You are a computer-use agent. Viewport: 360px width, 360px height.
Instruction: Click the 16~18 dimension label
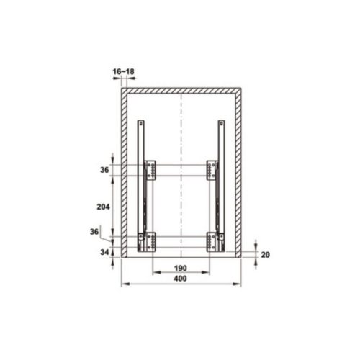point(123,71)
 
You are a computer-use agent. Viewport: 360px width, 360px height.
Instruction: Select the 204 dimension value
point(104,205)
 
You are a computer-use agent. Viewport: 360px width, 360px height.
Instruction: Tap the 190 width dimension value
point(180,269)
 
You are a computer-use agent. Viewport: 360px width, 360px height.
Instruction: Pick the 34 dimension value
point(104,252)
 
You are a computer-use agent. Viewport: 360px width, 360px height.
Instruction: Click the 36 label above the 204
point(104,170)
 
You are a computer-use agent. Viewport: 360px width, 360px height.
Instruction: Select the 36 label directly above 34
point(94,232)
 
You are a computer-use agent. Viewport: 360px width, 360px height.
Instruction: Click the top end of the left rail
point(142,122)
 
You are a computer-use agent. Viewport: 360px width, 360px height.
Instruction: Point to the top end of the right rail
point(220,122)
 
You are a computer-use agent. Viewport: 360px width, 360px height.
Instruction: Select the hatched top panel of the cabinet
point(180,89)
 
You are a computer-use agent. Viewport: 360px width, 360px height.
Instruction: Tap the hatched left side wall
point(123,173)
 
